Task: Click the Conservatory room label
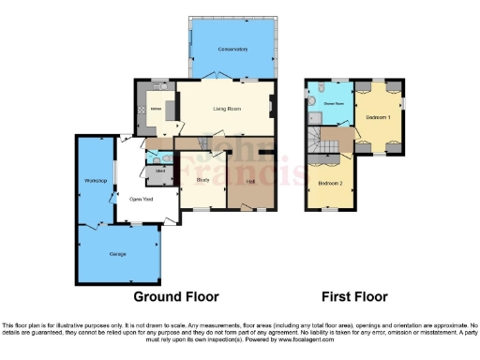[232, 48]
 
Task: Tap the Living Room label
[228, 109]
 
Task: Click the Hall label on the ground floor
[250, 182]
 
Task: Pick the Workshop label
[93, 180]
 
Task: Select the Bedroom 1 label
[378, 117]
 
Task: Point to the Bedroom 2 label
[329, 182]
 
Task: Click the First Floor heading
[354, 297]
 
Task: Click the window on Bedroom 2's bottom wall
[328, 210]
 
